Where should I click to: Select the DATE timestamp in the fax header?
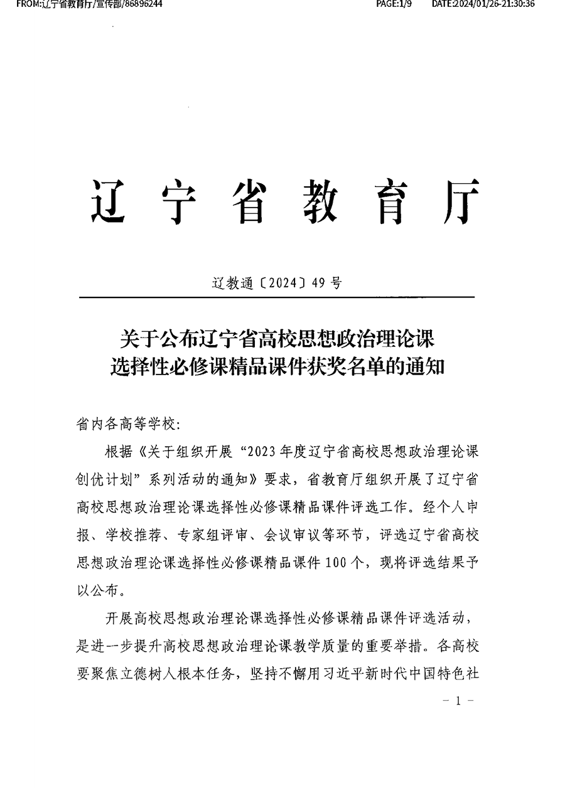point(483,4)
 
